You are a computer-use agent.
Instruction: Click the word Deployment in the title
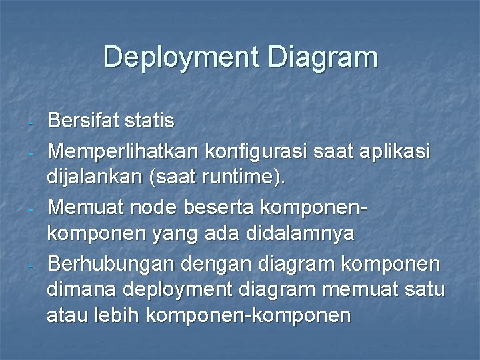pos(179,57)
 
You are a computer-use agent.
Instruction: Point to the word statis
pos(153,121)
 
